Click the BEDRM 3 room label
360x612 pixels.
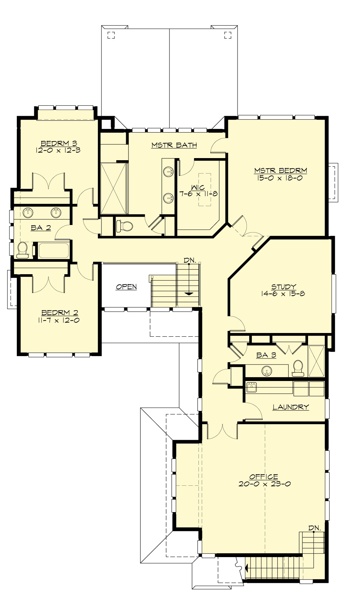57,143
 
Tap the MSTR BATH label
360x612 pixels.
174,145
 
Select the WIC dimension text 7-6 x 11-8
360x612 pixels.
198,194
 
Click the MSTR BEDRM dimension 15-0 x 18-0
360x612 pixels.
280,178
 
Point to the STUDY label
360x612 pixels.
283,287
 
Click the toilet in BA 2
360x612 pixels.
22,250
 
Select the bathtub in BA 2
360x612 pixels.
54,250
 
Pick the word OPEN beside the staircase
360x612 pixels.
126,287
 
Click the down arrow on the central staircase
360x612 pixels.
188,293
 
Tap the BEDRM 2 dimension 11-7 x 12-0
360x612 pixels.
59,320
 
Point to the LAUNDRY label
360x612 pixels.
290,407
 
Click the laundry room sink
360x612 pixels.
251,387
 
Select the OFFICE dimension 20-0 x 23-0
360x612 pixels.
264,484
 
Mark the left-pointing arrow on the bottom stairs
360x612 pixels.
246,568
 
